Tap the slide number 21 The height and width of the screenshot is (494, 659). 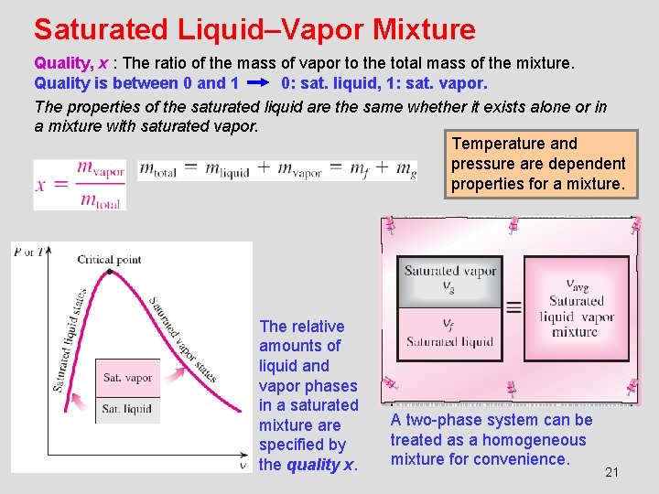pos(612,472)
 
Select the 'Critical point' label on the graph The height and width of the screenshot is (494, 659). pos(109,259)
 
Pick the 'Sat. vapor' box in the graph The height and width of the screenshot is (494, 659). pos(127,377)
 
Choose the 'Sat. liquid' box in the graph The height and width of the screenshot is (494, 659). pos(127,408)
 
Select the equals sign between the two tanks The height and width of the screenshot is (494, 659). pos(513,307)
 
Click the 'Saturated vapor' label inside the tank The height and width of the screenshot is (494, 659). pos(449,271)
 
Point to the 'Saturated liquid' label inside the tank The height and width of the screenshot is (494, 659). pos(449,342)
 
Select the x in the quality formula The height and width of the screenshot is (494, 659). pos(40,184)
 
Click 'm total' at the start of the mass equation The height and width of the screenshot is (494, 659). pos(157,170)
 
